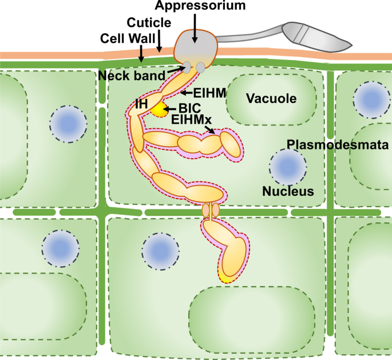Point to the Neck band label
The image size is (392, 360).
pos(131,76)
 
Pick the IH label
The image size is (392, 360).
pos(141,103)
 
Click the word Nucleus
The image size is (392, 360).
pos(288,191)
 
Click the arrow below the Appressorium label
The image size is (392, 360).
pos(195,29)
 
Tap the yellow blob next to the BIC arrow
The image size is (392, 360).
pos(157,110)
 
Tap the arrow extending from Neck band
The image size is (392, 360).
pos(176,72)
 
